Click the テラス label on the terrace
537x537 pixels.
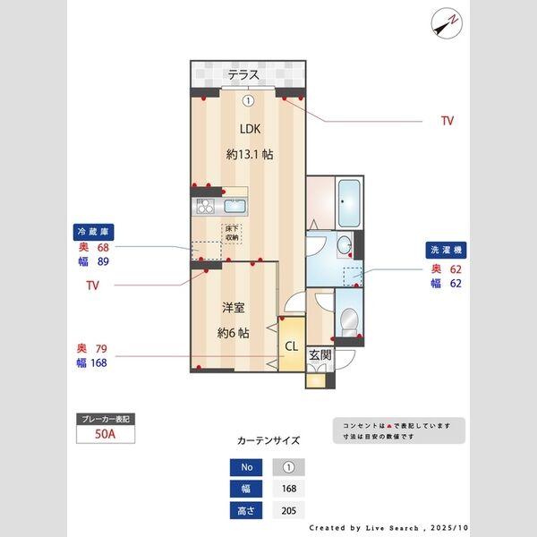(x=243, y=75)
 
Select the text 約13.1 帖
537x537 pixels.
(x=249, y=154)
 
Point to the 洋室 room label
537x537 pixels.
(x=234, y=307)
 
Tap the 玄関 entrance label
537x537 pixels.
(x=320, y=354)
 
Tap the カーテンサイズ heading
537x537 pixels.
(x=268, y=441)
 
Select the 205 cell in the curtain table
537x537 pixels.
(x=288, y=510)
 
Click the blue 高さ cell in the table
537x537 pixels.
(x=247, y=510)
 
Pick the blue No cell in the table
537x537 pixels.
(x=247, y=467)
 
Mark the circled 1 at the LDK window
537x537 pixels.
(x=249, y=100)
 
